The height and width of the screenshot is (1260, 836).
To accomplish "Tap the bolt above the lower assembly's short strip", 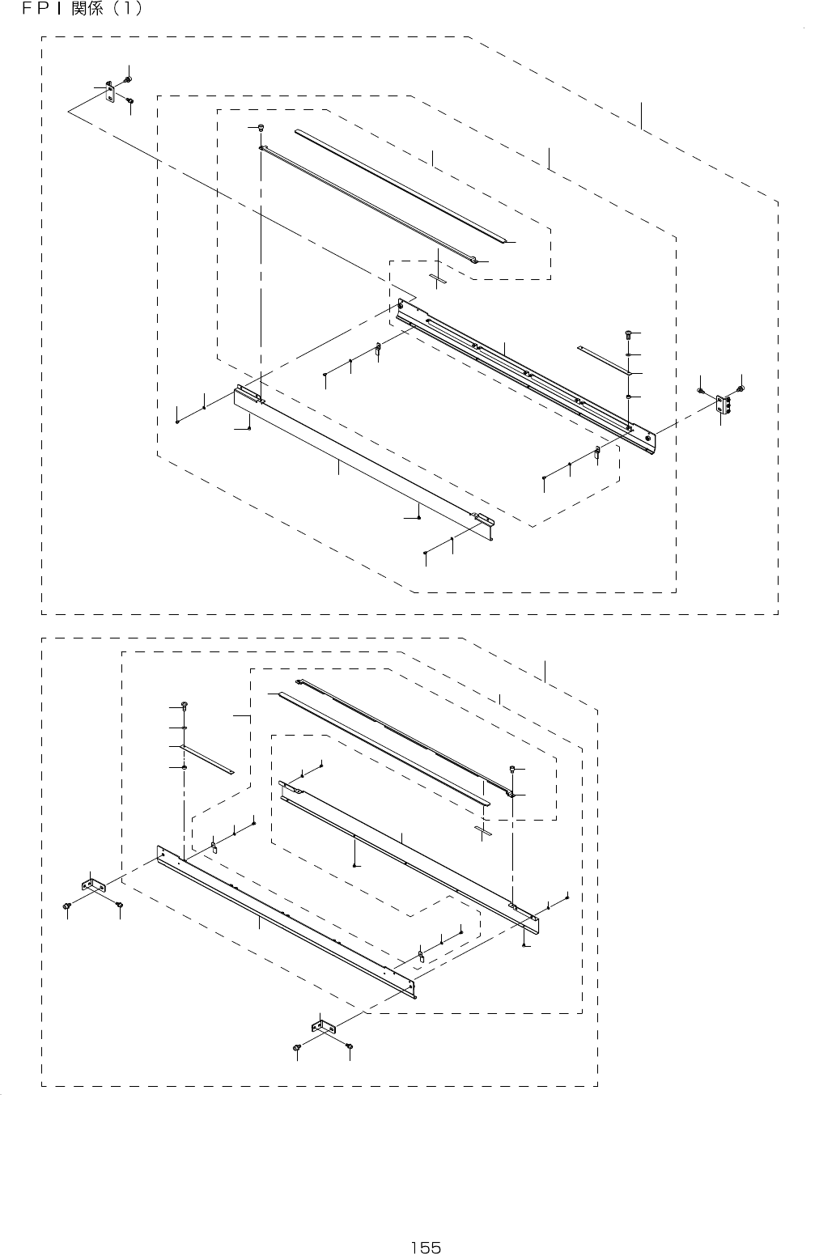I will coord(185,706).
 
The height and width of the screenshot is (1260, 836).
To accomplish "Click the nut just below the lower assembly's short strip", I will coord(185,766).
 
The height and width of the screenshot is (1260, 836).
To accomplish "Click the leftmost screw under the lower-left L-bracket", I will coord(67,906).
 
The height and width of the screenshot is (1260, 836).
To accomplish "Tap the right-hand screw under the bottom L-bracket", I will coord(349,1047).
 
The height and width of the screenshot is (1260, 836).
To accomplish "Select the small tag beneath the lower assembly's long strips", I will coord(483,830).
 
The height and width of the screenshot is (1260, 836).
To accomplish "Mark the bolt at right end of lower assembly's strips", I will coord(512,768).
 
